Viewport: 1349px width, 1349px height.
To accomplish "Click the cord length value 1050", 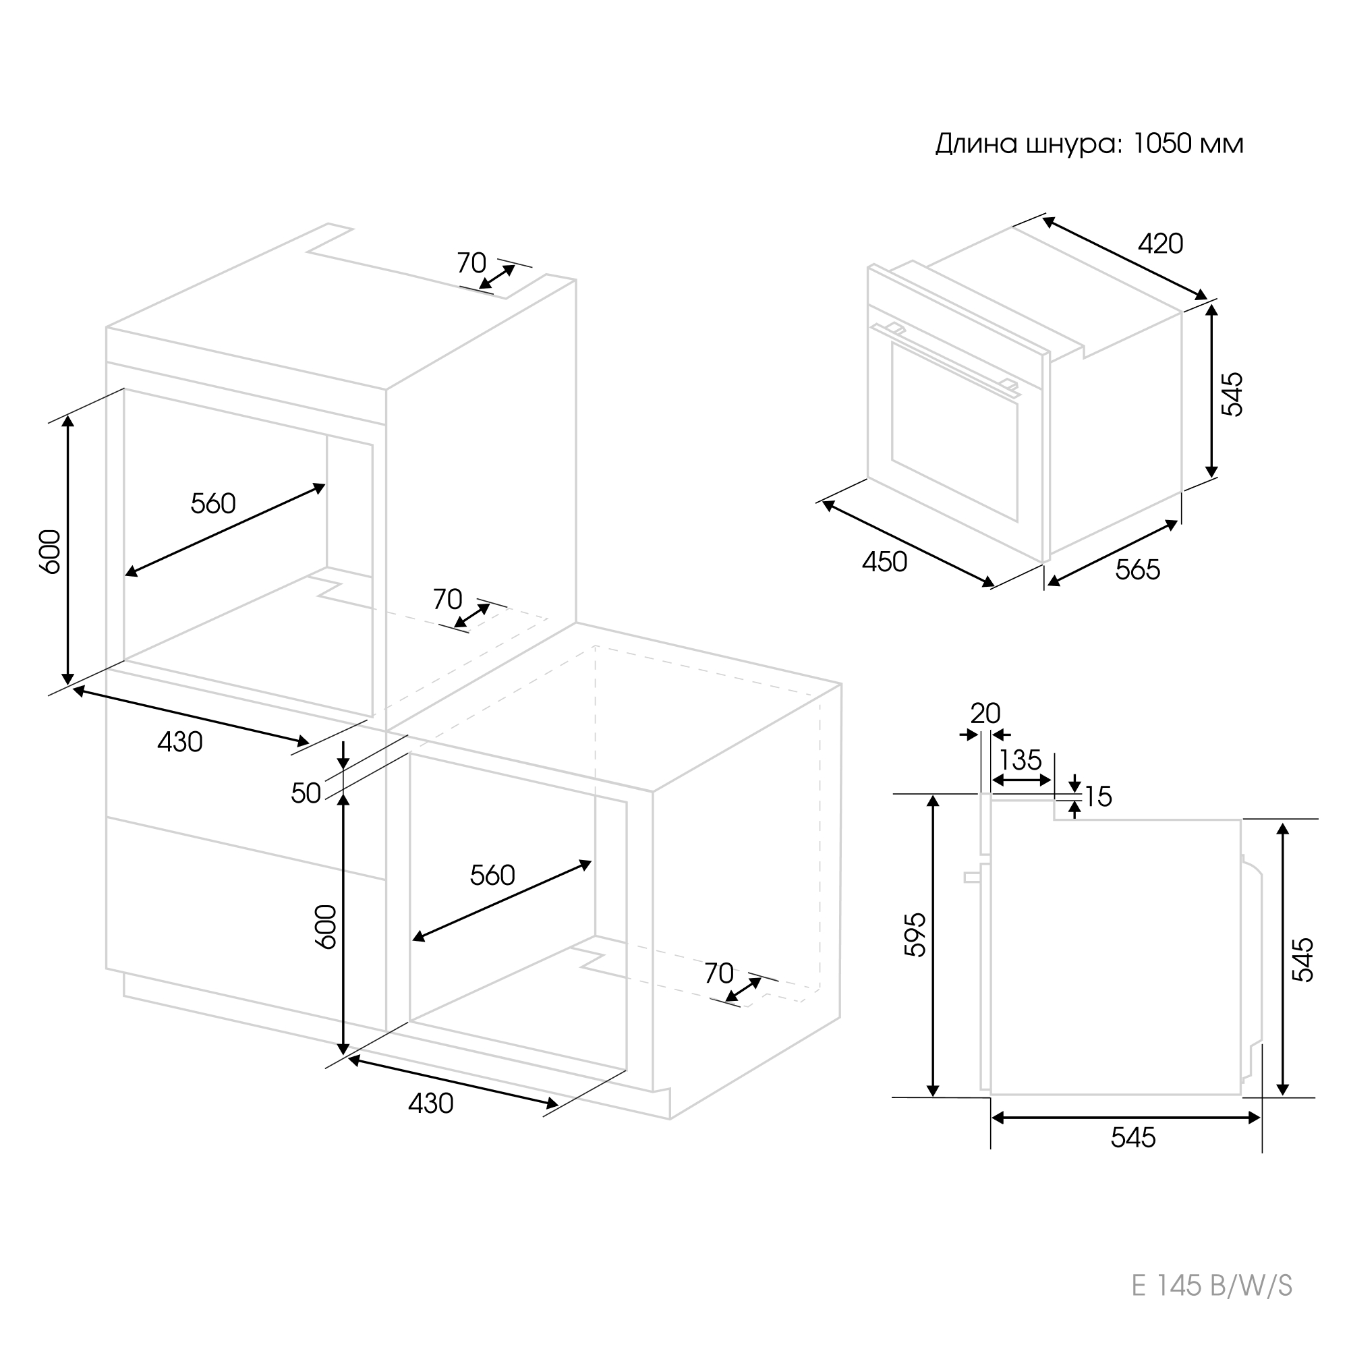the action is pos(1161,144).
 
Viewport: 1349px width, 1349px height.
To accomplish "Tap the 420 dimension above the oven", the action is pos(1160,243).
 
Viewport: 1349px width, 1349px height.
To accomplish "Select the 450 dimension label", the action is pos(884,562).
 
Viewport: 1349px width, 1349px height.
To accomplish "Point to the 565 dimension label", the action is pos(1137,570).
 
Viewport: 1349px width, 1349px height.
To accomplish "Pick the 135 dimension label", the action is pos(1020,760).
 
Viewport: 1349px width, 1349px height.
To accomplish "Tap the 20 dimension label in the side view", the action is pos(985,714).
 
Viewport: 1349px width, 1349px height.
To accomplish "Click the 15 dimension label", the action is pos(1098,797).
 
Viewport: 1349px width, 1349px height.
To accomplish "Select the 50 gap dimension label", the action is pos(306,793).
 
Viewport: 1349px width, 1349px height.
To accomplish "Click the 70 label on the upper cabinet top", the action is pos(471,263).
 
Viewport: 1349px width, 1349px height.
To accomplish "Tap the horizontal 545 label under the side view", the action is pos(1133,1138).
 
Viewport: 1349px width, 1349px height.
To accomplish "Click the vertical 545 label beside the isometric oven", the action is pos(1232,395).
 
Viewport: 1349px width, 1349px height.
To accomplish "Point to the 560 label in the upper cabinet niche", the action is pos(213,503).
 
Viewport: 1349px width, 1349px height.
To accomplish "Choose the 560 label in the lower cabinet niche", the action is pos(492,875).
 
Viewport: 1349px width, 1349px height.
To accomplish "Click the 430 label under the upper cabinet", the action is pos(179,742).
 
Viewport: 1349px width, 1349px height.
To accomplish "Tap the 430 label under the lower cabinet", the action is pos(431,1103).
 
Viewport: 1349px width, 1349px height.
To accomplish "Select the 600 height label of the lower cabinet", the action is pos(325,927).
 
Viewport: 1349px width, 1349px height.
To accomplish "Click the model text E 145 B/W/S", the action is pos(1211,1305).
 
